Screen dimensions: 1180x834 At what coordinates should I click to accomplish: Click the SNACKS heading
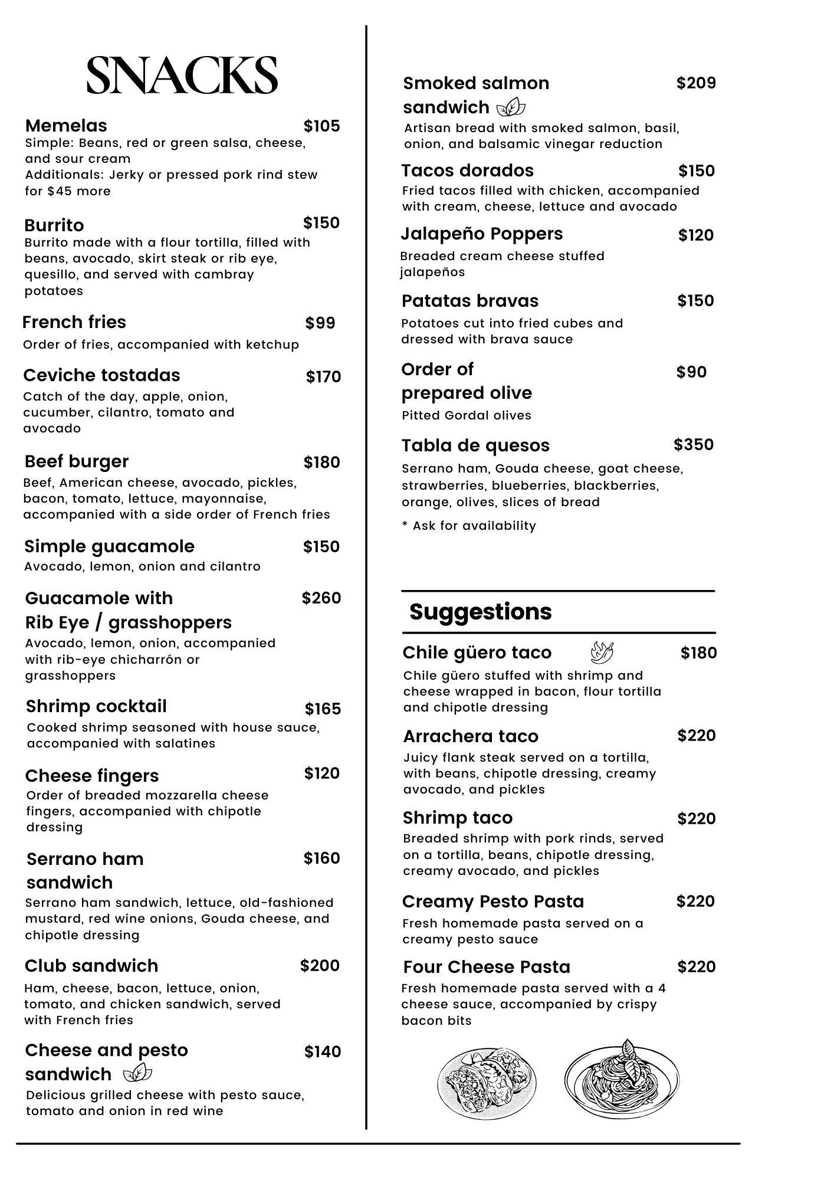182,75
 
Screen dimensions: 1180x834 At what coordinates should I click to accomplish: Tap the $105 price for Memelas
321,126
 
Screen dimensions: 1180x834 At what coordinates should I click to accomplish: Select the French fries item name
74,322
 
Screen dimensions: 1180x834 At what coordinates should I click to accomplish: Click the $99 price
320,323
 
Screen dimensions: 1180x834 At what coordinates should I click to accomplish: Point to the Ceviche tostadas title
101,375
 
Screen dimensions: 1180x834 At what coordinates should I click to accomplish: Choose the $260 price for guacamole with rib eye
321,598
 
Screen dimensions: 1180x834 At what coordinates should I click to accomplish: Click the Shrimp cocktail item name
96,706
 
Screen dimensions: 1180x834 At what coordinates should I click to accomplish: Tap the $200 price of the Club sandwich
320,966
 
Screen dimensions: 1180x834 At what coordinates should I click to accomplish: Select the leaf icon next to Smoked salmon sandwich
511,107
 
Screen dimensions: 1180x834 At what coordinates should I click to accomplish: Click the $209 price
696,83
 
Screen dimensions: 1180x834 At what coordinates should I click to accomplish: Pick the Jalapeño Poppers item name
482,234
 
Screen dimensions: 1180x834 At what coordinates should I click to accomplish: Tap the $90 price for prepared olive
691,372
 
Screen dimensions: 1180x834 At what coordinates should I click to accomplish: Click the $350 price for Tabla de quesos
694,445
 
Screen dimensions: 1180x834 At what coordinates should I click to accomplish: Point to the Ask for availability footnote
469,526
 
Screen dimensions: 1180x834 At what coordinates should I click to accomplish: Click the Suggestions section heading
481,612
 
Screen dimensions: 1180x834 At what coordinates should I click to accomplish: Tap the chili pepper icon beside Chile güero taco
602,653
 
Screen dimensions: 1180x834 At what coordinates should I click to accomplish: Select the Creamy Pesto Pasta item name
493,902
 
